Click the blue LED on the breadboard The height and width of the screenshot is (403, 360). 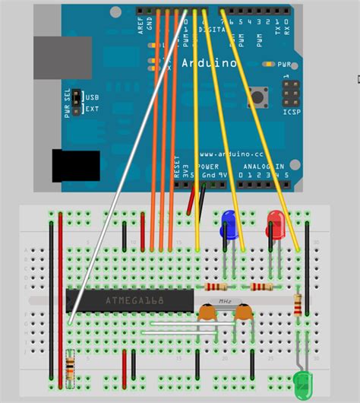228,222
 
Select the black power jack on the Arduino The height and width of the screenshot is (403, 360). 75,166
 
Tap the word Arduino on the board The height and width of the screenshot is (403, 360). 209,63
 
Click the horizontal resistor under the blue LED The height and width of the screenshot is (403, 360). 216,287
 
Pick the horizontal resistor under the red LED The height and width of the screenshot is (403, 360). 262,287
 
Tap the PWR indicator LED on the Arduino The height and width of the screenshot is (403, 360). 267,65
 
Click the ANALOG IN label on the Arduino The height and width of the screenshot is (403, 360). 263,166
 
